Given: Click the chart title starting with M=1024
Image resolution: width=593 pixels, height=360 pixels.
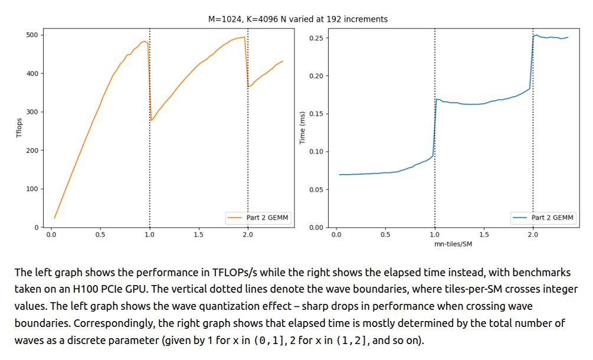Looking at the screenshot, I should pyautogui.click(x=298, y=19).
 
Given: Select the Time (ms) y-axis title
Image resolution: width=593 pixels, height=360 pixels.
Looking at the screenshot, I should pyautogui.click(x=303, y=128).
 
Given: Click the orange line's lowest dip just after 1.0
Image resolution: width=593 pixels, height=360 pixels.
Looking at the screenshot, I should pyautogui.click(x=151, y=120).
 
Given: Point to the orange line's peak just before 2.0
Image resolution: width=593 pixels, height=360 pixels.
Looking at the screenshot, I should pyautogui.click(x=244, y=37).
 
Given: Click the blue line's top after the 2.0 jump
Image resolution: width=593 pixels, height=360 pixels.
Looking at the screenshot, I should pyautogui.click(x=536, y=35).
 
